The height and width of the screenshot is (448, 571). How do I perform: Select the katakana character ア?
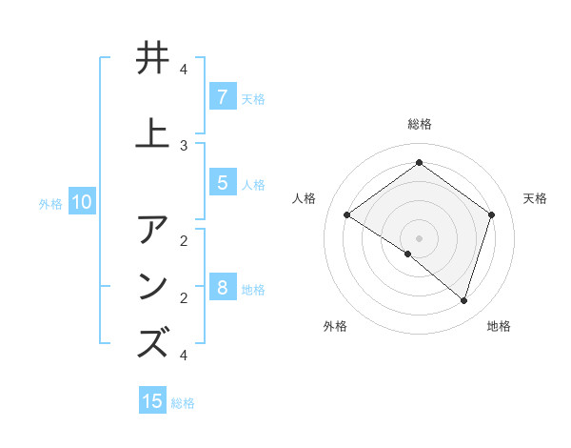(153, 230)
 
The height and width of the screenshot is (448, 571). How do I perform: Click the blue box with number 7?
(222, 96)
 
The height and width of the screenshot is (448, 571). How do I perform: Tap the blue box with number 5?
(222, 183)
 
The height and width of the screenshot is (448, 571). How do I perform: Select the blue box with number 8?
(222, 287)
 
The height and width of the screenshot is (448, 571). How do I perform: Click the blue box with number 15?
(152, 401)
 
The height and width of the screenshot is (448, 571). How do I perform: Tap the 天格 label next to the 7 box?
(253, 98)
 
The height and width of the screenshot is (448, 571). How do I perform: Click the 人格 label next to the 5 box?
(253, 184)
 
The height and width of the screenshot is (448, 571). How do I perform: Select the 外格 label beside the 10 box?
(50, 203)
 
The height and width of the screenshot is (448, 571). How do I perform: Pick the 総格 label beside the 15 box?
(183, 403)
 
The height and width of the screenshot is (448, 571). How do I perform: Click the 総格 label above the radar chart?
(419, 124)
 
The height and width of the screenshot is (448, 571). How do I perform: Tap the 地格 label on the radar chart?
(499, 326)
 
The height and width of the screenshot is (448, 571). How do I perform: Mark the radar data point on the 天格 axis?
(491, 215)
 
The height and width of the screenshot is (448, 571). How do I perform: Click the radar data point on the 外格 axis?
(408, 254)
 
